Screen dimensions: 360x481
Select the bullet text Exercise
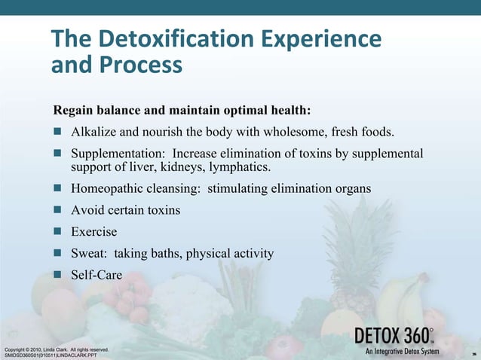tap(94, 231)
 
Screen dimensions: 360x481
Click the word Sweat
tap(88, 253)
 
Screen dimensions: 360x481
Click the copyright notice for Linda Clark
tap(57, 349)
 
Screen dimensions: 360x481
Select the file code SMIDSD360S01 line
tap(49, 355)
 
